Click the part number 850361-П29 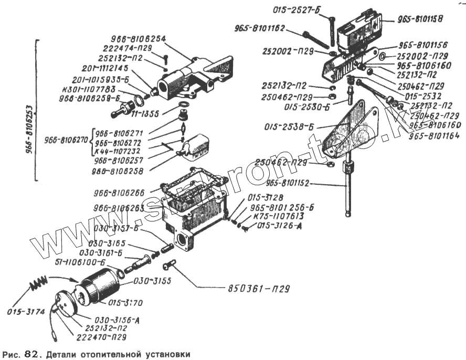[x=259, y=288]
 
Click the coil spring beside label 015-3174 [x=37, y=285]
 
